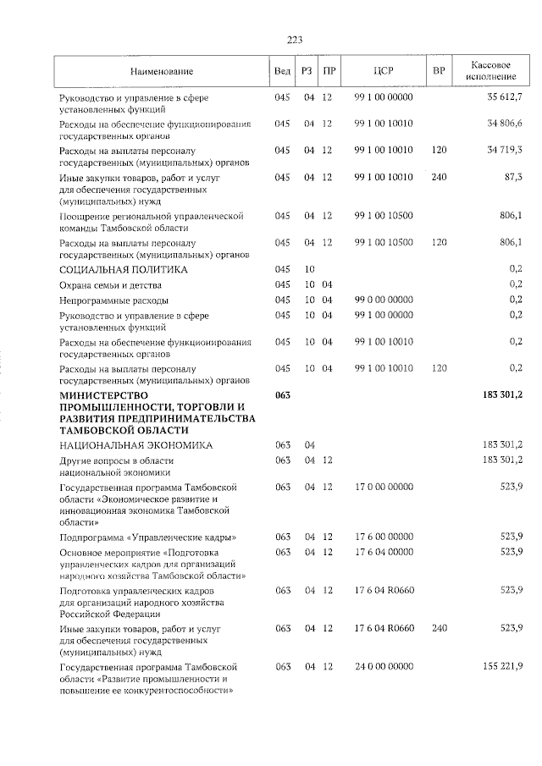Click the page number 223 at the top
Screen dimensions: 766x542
(x=295, y=40)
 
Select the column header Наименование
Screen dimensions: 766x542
(x=162, y=71)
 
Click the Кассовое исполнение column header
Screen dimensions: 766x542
(x=490, y=71)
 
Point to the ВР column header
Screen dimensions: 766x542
(x=439, y=71)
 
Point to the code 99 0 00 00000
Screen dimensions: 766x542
(x=384, y=300)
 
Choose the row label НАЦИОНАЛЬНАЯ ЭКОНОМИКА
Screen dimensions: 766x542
(x=135, y=444)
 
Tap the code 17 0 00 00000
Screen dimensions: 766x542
(x=384, y=488)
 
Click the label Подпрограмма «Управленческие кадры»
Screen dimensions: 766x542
(x=147, y=537)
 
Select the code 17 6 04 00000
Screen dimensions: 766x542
(x=384, y=552)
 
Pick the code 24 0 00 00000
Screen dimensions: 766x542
(x=384, y=667)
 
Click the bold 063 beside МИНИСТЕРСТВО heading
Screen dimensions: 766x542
(x=283, y=395)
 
